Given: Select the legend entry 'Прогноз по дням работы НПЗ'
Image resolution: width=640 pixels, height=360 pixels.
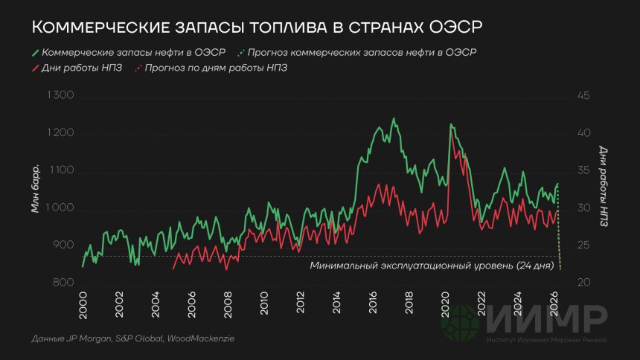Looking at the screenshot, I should (216, 68).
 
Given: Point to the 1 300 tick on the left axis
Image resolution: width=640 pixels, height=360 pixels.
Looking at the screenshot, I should (61, 96).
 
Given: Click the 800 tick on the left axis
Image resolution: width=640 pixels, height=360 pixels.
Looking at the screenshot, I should (65, 283).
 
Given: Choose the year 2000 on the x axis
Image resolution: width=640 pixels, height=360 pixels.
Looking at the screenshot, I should (83, 303).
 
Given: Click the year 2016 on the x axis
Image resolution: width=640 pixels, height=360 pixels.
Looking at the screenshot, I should (372, 303).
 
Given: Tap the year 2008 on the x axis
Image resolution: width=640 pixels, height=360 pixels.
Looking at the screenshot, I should (228, 303).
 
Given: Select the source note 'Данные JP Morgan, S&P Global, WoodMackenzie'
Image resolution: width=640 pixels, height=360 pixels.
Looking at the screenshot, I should (133, 339).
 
